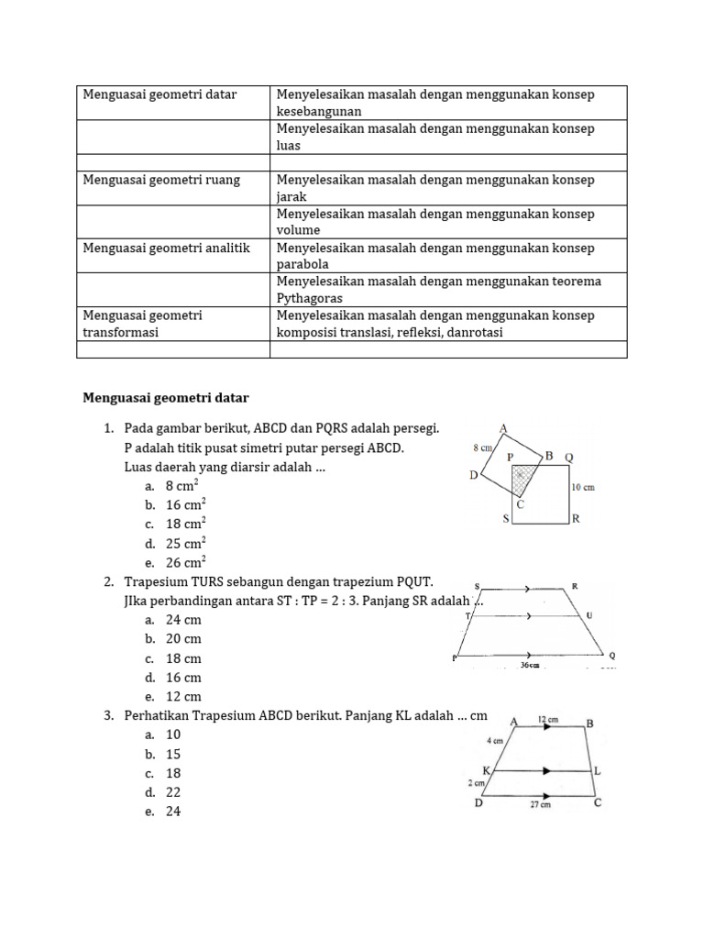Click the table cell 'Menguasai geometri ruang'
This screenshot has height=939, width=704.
[161, 180]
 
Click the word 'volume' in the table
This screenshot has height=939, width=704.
[299, 230]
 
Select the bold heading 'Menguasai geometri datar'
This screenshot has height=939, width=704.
[166, 398]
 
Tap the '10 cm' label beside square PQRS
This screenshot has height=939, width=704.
[582, 487]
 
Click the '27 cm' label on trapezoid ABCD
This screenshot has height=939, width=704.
[540, 804]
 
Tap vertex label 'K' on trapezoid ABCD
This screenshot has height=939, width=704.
[487, 770]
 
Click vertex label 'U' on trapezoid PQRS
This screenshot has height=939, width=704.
[589, 614]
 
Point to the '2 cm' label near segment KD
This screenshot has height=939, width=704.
[476, 783]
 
